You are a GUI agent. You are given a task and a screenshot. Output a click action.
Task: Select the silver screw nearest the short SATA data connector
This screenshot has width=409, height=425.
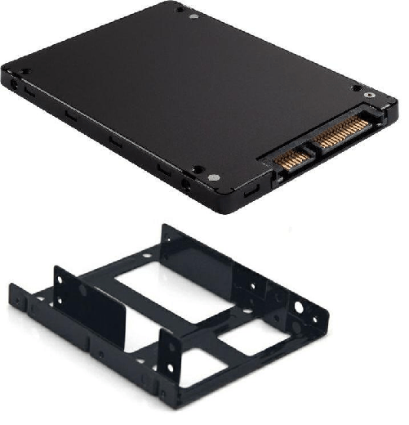213,177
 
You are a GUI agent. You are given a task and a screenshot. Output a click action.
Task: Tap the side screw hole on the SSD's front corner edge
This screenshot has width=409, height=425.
189,186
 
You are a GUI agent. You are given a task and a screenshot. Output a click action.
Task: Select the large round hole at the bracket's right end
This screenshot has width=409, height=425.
300,309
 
